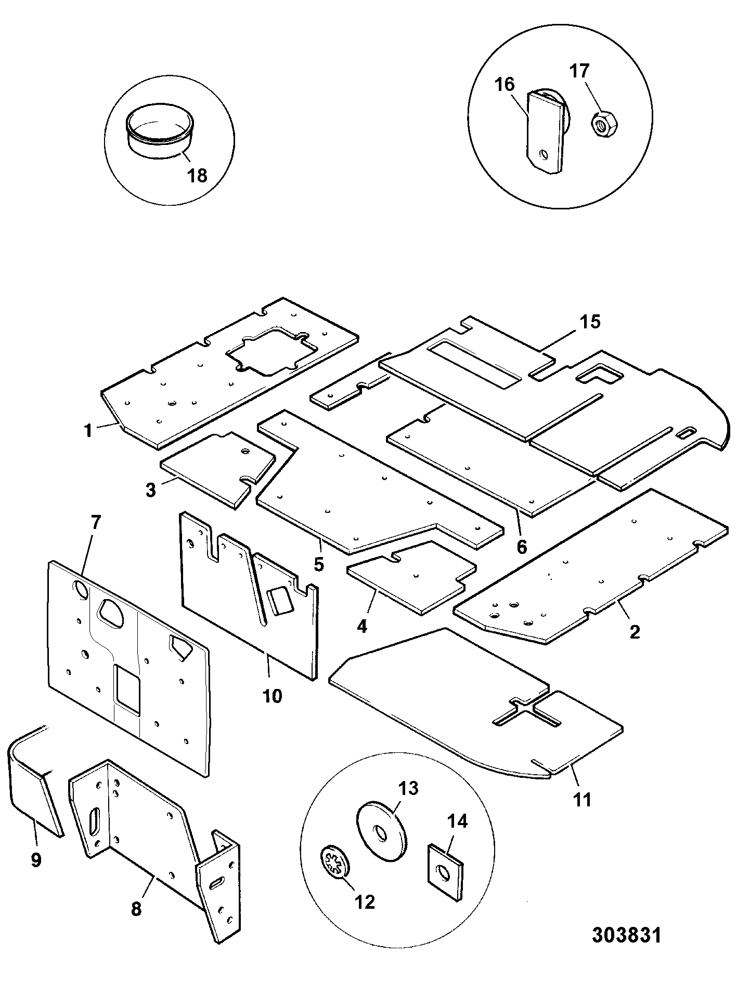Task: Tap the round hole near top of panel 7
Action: [x=81, y=590]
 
